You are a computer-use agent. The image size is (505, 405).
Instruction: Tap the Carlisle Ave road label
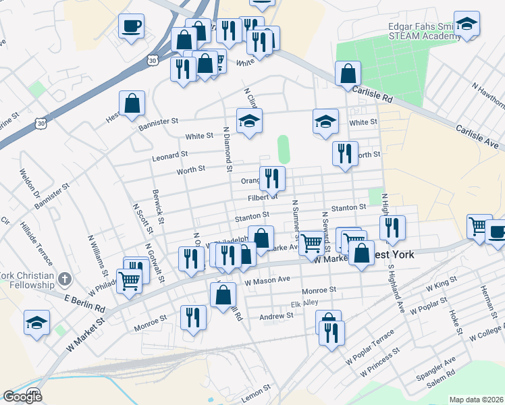click(477, 135)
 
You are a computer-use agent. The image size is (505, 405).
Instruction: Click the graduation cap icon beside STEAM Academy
click(466, 25)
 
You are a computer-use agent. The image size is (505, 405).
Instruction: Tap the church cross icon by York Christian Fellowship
click(64, 279)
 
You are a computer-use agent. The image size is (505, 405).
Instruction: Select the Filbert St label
click(263, 197)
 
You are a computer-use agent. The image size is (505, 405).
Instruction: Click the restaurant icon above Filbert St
click(272, 179)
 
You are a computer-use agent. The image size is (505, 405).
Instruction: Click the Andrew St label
click(277, 316)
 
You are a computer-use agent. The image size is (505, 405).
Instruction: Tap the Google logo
click(23, 396)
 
